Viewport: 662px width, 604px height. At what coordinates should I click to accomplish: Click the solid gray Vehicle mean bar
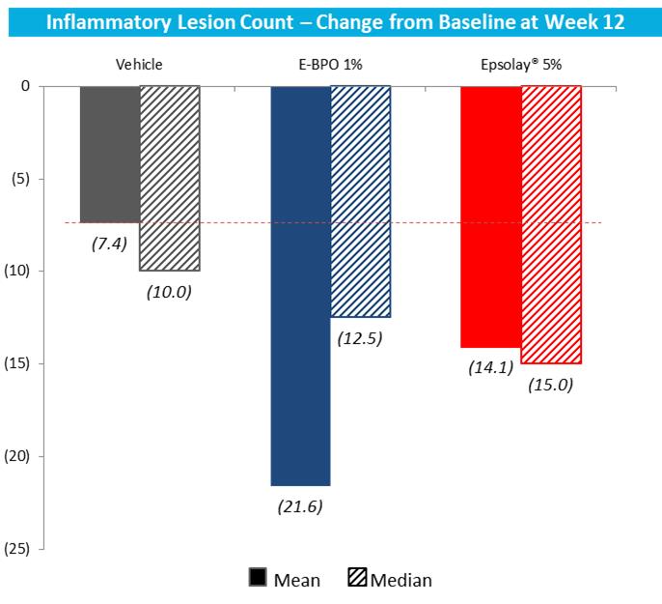109,154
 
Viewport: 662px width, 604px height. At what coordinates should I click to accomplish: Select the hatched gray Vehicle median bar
170,178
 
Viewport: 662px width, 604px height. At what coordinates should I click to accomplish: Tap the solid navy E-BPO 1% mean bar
300,285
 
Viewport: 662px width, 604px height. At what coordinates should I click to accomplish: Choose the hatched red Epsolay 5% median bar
551,224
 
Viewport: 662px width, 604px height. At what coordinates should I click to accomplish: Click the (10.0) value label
170,291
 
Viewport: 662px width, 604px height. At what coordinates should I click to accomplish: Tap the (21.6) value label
299,505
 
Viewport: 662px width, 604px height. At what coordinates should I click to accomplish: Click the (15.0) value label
551,384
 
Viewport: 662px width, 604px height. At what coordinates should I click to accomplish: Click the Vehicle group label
139,65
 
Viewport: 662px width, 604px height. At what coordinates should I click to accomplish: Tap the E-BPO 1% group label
329,65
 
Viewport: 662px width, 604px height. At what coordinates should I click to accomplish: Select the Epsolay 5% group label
520,65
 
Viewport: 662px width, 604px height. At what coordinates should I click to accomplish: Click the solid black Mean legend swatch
258,579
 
